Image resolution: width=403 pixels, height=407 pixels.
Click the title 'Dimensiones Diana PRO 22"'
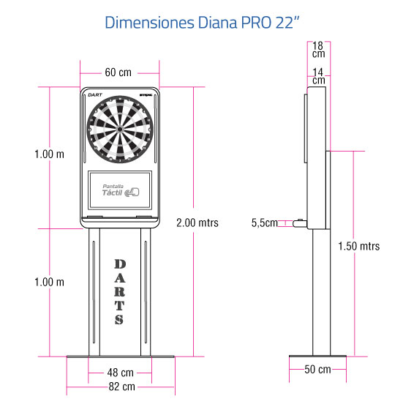202,22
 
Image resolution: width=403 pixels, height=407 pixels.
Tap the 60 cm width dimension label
118,72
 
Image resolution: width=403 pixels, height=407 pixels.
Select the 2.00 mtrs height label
197,223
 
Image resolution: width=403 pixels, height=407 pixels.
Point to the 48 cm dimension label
121,373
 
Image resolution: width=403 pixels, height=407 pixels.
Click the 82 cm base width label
122,387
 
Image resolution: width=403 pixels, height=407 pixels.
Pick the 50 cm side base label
317,370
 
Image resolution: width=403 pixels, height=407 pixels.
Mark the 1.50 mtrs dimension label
359,246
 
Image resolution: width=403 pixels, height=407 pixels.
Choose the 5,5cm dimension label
265,223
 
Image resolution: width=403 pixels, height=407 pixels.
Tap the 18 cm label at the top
318,50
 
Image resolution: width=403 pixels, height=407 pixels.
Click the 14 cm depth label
318,76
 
